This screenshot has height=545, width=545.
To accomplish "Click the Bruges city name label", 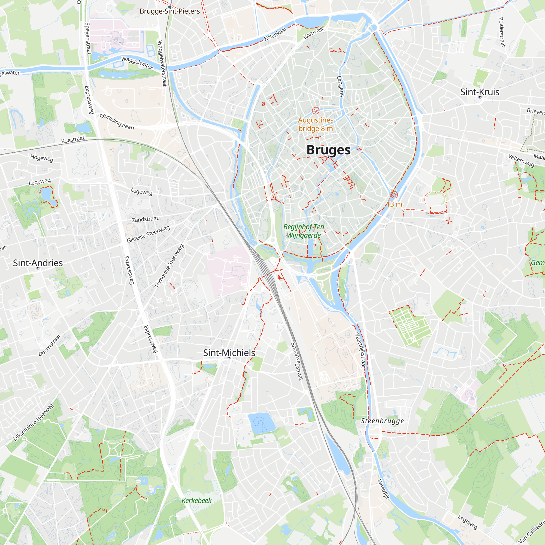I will (328, 150).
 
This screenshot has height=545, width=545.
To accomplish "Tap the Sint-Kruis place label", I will (480, 92).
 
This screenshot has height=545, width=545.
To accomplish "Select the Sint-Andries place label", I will (38, 263).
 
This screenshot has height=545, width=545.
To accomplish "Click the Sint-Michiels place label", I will (229, 353).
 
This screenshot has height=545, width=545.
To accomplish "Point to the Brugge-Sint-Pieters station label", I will (169, 11).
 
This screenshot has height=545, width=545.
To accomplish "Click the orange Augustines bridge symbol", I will (315, 111).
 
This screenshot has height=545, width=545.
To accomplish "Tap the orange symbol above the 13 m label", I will (394, 194).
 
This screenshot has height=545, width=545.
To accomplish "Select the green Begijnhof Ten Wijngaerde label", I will (304, 231).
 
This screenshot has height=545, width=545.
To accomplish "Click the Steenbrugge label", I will (382, 421).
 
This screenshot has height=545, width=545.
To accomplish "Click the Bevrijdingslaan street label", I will (117, 122).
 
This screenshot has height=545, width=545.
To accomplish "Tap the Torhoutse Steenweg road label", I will (169, 266).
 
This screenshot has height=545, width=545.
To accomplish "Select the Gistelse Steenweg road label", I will (148, 234).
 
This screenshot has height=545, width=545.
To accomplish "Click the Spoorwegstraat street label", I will (297, 361).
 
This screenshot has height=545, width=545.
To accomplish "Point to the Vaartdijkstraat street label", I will (360, 351).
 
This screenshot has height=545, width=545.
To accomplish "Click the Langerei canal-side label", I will (340, 86).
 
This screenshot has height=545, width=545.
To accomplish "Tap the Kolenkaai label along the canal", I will (275, 34).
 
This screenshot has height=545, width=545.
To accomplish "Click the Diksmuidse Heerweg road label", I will (33, 422).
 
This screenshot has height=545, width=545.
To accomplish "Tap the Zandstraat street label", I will (145, 219).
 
